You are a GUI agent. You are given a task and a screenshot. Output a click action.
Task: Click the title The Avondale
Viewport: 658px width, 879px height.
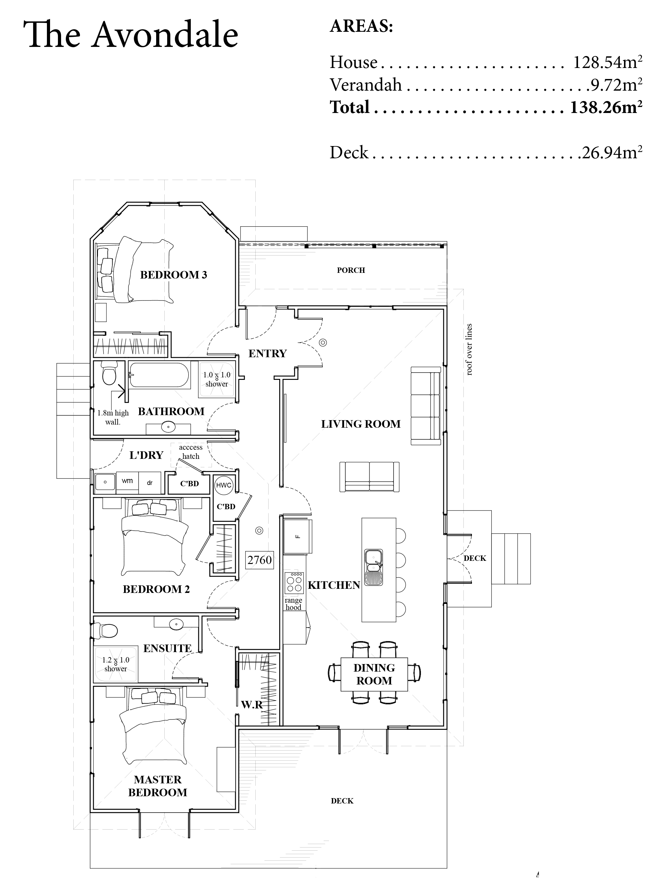pyautogui.click(x=131, y=35)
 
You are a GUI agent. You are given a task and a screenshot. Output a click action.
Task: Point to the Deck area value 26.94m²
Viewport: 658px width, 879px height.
pyautogui.click(x=611, y=153)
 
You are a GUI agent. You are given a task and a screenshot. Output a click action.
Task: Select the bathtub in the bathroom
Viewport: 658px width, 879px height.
pyautogui.click(x=159, y=375)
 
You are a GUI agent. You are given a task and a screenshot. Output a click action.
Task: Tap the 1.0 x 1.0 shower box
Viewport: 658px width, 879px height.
pyautogui.click(x=217, y=379)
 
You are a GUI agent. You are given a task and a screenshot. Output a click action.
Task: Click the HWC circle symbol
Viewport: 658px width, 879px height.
pyautogui.click(x=224, y=485)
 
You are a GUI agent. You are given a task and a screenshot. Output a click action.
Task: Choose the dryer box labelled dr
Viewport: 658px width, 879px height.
pyautogui.click(x=150, y=483)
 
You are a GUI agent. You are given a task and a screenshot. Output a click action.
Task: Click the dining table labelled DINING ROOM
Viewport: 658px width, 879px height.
pyautogui.click(x=374, y=674)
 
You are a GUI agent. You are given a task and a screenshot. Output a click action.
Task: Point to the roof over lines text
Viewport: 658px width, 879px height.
pyautogui.click(x=469, y=349)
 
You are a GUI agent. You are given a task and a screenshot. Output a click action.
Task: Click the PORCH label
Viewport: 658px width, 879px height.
pyautogui.click(x=351, y=270)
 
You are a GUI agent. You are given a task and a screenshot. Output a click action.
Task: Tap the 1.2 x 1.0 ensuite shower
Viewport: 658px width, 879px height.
pyautogui.click(x=115, y=664)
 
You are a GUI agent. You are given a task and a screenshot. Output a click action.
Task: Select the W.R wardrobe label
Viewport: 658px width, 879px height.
pyautogui.click(x=252, y=705)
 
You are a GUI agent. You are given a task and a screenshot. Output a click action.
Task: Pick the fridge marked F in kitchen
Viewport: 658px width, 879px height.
pyautogui.click(x=298, y=537)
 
